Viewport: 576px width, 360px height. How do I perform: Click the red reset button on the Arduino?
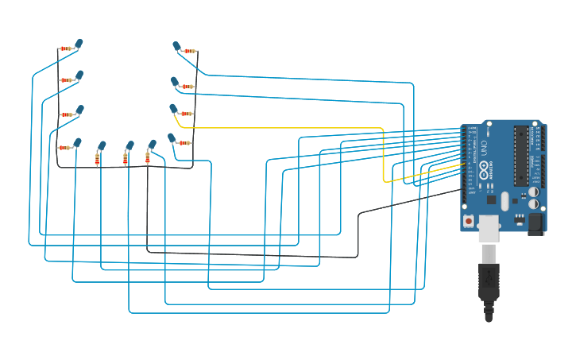coord(469,220)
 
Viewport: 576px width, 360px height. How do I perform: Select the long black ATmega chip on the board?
coord(521,155)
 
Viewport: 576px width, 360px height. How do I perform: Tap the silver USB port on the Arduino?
coord(489,226)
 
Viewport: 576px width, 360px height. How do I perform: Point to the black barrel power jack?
coord(535,223)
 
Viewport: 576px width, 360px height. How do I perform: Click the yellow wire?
coord(318,127)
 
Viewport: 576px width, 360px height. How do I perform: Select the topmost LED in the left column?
coord(79,44)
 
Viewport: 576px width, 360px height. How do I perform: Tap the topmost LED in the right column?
coord(176,47)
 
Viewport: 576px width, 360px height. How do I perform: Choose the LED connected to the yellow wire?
coord(173,109)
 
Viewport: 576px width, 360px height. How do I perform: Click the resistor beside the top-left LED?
coord(65,48)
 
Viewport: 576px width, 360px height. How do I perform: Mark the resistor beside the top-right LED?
coord(189,51)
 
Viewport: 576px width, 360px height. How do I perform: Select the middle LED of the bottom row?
coord(130,145)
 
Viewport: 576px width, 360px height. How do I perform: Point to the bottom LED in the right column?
coord(172,138)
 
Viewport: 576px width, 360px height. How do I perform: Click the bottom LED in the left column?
coord(77,143)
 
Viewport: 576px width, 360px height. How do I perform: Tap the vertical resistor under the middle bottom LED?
coord(126,159)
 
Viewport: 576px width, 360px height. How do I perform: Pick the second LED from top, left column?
coord(79,75)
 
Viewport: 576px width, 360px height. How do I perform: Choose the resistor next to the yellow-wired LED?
coord(187,114)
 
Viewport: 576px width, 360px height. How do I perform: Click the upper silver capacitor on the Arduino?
coord(533,192)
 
